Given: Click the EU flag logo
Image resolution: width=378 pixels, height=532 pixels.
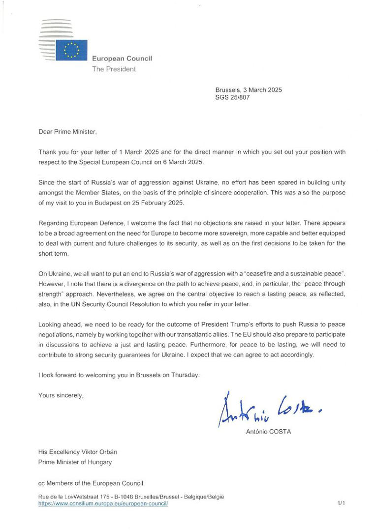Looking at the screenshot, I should (x=71, y=50).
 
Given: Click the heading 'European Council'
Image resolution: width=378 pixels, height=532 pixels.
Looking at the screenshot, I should (x=122, y=59).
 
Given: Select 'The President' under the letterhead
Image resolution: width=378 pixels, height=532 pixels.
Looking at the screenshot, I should (x=114, y=69).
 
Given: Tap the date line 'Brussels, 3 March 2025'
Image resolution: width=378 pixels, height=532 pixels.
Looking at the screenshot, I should (x=248, y=90).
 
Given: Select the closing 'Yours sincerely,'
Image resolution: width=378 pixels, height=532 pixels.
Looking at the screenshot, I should (x=61, y=395).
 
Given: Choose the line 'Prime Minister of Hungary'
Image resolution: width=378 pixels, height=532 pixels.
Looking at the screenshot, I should (x=75, y=462).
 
